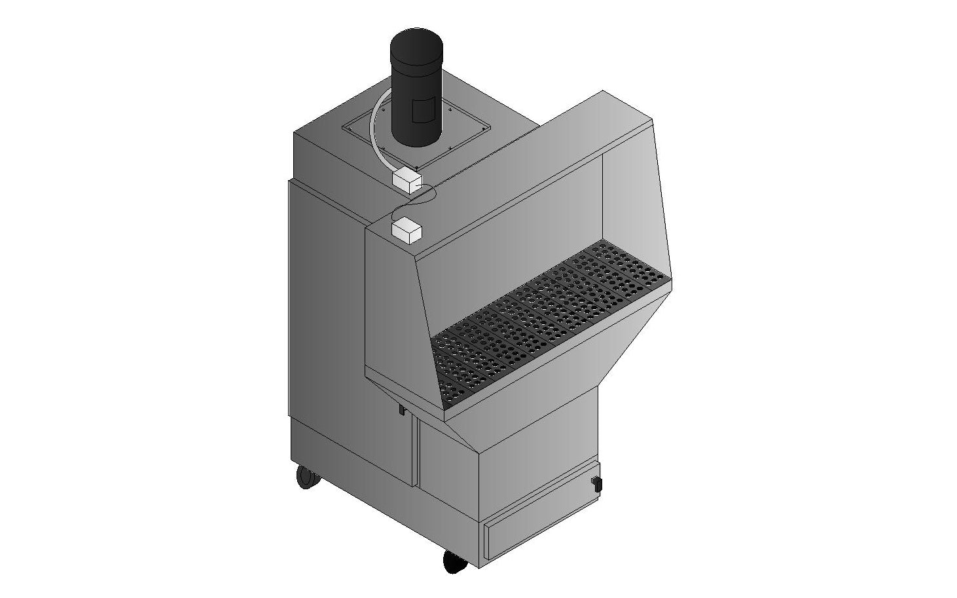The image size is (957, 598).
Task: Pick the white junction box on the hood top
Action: (x=405, y=230)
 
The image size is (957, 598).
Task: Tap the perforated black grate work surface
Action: (x=550, y=314)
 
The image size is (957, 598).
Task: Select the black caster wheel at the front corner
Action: (x=454, y=562)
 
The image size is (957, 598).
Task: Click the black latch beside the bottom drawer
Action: (x=595, y=483)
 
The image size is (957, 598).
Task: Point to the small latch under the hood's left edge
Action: (x=403, y=410)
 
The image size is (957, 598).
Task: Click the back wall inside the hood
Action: (x=511, y=249)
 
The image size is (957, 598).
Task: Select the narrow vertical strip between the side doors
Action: (x=416, y=452)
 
